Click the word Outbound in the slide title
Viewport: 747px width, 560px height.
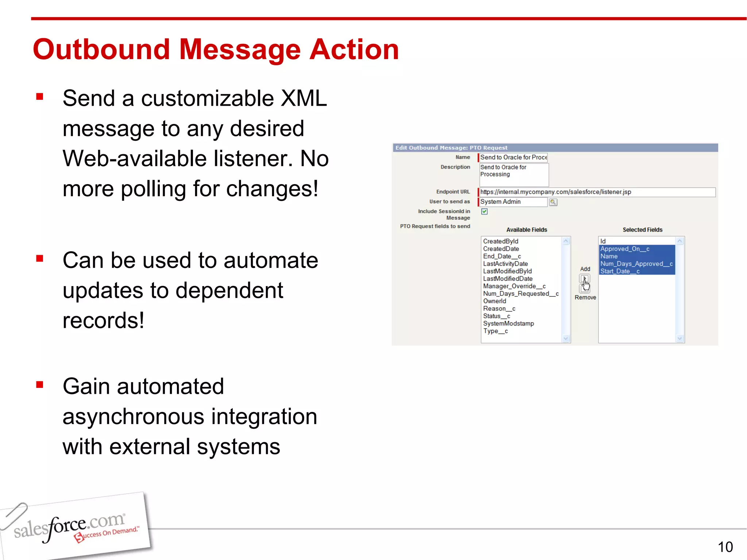[101, 50]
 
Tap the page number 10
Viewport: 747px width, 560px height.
[725, 547]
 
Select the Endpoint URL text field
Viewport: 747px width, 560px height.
[597, 192]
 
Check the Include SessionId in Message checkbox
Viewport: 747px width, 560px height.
[484, 211]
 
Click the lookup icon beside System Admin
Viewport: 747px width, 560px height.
[553, 202]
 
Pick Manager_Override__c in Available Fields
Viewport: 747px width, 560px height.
[514, 286]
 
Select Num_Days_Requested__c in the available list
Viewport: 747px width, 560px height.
[520, 294]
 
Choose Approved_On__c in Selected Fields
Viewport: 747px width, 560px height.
[625, 249]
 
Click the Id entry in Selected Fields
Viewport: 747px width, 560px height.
[603, 241]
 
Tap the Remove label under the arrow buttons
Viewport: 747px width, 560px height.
[585, 297]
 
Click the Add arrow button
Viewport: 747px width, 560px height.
[584, 279]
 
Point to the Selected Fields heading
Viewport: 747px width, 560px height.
[642, 230]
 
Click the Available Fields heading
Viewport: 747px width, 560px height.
[526, 230]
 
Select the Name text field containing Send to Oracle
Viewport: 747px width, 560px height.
[513, 157]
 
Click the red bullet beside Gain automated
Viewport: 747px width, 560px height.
[40, 385]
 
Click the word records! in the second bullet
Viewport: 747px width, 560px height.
[103, 320]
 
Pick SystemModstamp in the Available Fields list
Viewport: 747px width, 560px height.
[508, 324]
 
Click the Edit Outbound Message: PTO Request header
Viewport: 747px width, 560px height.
[451, 148]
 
